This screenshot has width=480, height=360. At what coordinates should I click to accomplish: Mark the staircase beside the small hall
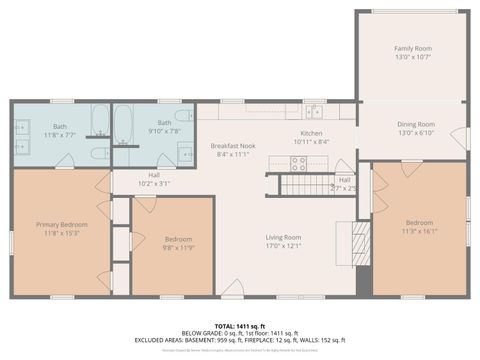(297, 184)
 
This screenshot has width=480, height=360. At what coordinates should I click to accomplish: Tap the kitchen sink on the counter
(314, 110)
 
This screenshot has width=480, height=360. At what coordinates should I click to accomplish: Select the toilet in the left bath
(99, 153)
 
